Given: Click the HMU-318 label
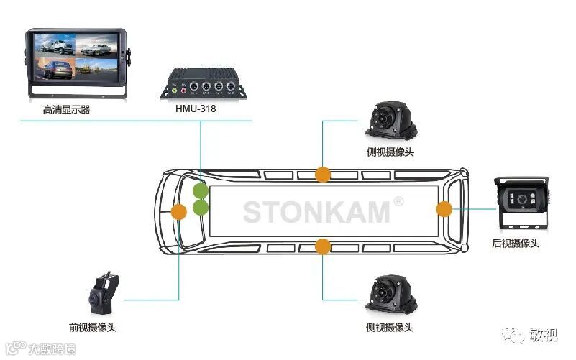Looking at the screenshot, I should (x=196, y=109).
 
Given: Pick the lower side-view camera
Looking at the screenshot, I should (x=390, y=295).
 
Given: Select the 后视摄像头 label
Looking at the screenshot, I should (x=516, y=244).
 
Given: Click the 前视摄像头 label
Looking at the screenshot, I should (x=92, y=328).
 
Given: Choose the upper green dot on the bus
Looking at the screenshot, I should (x=200, y=192).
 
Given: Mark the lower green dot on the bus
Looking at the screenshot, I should (x=200, y=208).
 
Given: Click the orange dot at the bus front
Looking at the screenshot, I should (x=178, y=211).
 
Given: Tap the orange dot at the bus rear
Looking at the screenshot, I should (x=444, y=209).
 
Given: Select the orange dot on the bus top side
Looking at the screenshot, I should (x=323, y=174).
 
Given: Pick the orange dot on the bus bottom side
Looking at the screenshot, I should (x=323, y=246).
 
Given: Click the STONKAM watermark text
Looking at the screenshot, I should (x=316, y=212).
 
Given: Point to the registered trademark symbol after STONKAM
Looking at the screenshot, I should (x=398, y=202).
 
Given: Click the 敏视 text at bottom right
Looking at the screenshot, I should (x=545, y=336).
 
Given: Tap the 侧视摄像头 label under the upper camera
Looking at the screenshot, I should (x=390, y=152).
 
